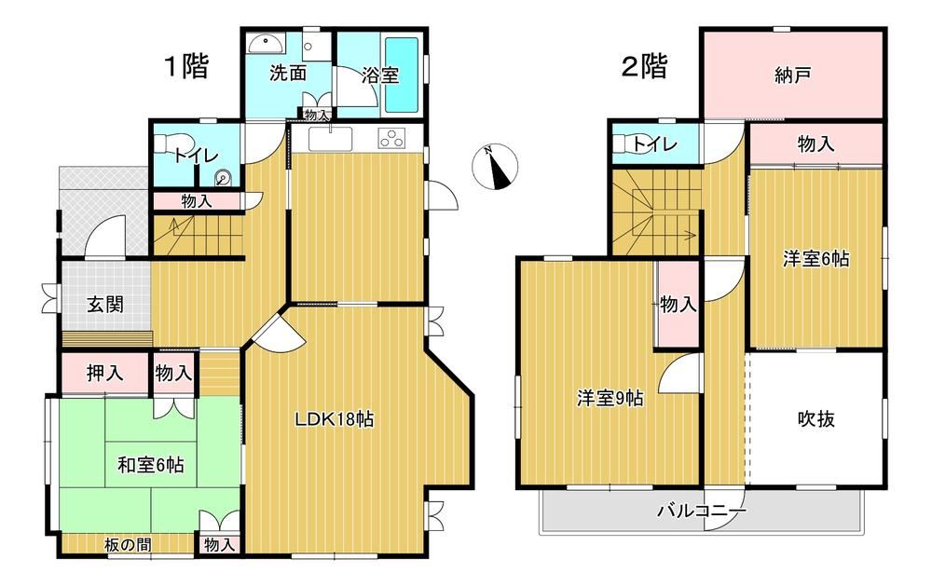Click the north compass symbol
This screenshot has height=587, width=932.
495,167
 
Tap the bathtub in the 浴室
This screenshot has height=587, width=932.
402,75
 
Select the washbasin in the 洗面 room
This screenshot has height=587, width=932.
266,44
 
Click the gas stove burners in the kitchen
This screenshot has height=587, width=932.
391,138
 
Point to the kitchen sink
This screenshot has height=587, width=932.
331,139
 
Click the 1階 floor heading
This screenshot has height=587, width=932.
186,65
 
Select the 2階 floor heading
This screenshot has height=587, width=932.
644,66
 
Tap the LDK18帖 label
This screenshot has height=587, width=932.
335,420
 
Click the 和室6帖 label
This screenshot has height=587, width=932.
150,465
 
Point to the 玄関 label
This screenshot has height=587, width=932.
105,305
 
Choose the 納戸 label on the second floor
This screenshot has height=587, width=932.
793,75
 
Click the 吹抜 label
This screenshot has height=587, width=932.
816,419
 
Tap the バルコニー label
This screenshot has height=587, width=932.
702,511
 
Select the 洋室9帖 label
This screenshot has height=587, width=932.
610,398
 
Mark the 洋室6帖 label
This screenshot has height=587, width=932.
815,259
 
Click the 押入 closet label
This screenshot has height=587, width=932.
104,373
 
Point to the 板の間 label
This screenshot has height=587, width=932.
128,544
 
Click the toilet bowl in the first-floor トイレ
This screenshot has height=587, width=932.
173,144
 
